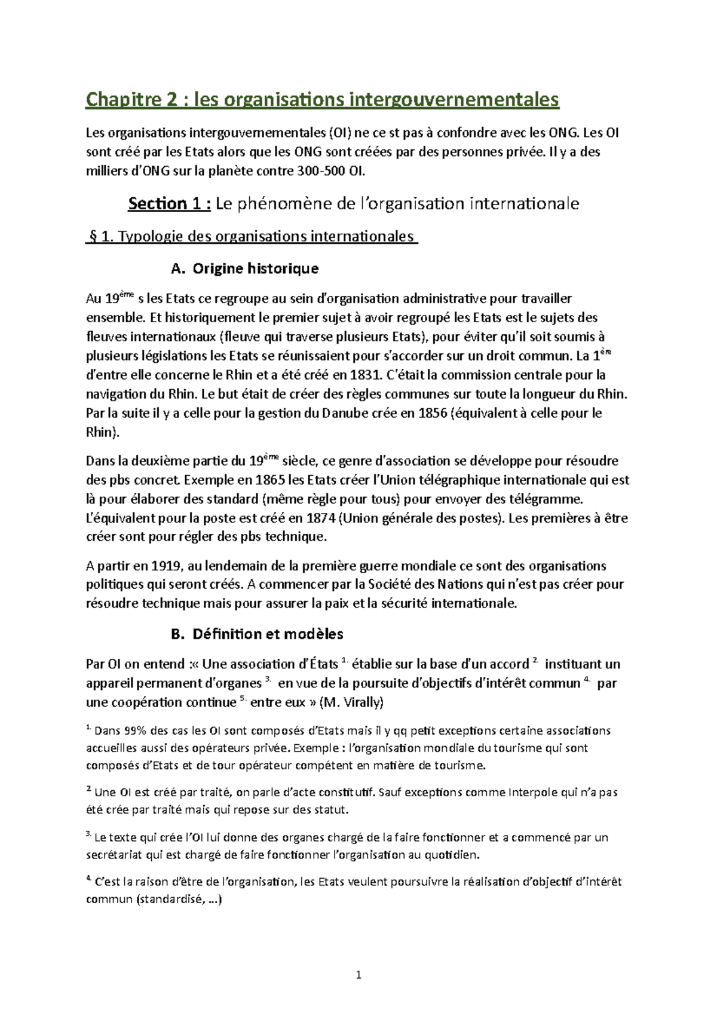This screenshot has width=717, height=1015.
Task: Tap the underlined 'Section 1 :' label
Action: (169, 204)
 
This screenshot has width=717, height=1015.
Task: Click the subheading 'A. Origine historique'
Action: (244, 268)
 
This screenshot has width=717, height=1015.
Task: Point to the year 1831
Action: (365, 375)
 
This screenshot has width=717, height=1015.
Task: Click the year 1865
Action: (270, 480)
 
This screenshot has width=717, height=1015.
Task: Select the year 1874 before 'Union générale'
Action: (320, 518)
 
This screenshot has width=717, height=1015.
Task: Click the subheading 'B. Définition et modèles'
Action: (257, 634)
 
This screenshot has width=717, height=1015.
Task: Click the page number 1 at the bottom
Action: (358, 976)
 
